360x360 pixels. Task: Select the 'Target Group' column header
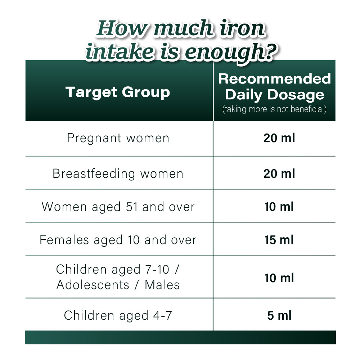point(118,92)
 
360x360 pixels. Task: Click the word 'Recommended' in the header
point(275,78)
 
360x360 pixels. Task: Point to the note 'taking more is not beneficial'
point(275,109)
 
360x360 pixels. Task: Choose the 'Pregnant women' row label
point(118,138)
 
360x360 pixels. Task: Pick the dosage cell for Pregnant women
point(279,138)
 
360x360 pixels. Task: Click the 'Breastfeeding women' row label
point(118,174)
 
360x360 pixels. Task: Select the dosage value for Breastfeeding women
point(279,174)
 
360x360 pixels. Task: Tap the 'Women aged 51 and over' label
point(118,207)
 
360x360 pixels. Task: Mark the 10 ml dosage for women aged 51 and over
point(279,207)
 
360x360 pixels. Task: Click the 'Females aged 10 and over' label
point(118,240)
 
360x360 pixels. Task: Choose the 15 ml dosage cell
point(279,240)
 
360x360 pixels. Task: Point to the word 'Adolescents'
point(93,285)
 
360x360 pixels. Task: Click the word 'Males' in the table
point(162,285)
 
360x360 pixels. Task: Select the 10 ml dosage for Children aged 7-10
point(279,278)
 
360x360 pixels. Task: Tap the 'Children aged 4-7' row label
point(118,315)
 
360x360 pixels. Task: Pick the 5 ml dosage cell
point(279,315)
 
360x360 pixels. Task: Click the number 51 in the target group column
point(133,207)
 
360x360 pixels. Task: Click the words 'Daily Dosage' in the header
point(275,95)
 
